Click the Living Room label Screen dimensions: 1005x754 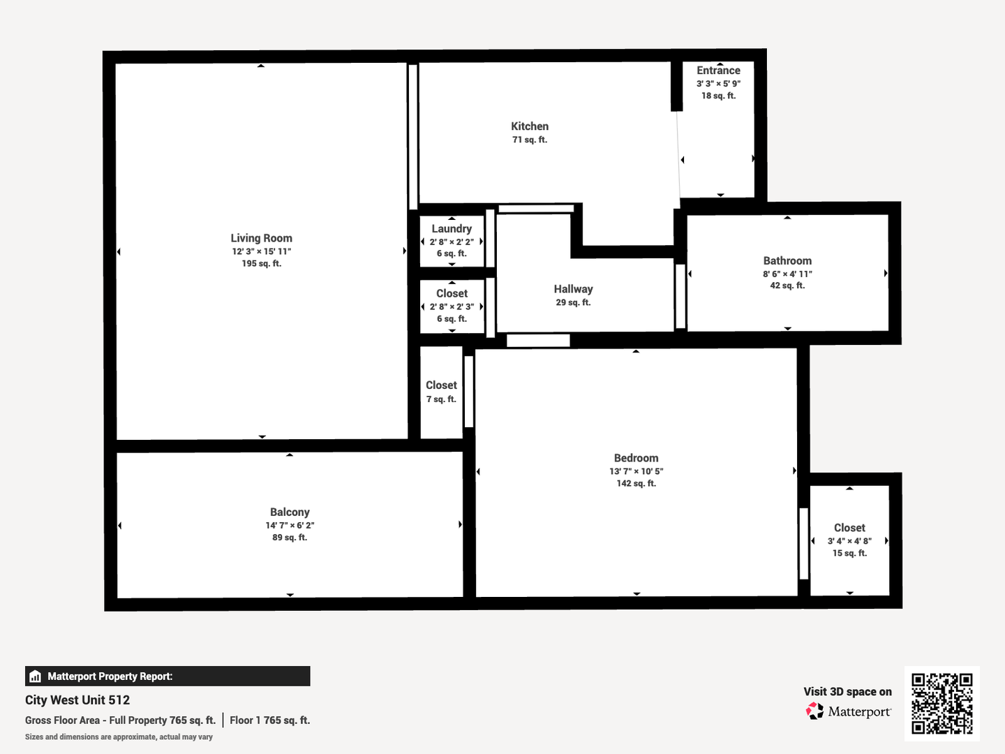coord(261,238)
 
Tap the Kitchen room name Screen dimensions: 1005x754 coord(530,126)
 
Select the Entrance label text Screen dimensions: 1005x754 coord(718,71)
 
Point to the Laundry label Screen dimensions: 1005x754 coord(452,229)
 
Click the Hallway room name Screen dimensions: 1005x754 coord(573,289)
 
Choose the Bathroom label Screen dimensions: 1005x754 coord(787,261)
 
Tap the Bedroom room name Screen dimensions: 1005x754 coord(636,458)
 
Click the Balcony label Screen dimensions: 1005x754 coord(290,512)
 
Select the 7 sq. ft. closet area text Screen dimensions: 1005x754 coord(441,399)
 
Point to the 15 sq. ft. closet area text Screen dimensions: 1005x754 coord(849,553)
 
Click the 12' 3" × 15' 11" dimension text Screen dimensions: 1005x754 coord(262,251)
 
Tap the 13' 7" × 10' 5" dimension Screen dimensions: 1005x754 coord(636,471)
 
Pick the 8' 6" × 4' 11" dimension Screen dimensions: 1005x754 coord(787,274)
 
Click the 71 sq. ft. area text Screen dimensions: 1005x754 coord(530,140)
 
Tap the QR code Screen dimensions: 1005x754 coord(941,704)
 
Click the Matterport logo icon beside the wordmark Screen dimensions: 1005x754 coord(814,711)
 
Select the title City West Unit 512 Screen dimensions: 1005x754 coord(77,700)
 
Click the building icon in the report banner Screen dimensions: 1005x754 coord(36,677)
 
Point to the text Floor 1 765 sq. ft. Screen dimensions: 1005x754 coord(269,720)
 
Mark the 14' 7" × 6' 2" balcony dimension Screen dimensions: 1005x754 coord(290,525)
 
